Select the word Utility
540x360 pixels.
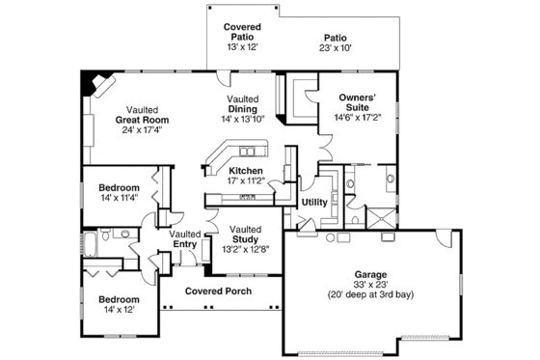point(314,203)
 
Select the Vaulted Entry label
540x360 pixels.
point(184,239)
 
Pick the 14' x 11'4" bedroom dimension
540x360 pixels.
point(118,197)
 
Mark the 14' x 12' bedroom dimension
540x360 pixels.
point(118,311)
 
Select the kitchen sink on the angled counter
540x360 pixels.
point(250,152)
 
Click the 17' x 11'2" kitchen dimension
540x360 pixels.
point(219,180)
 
